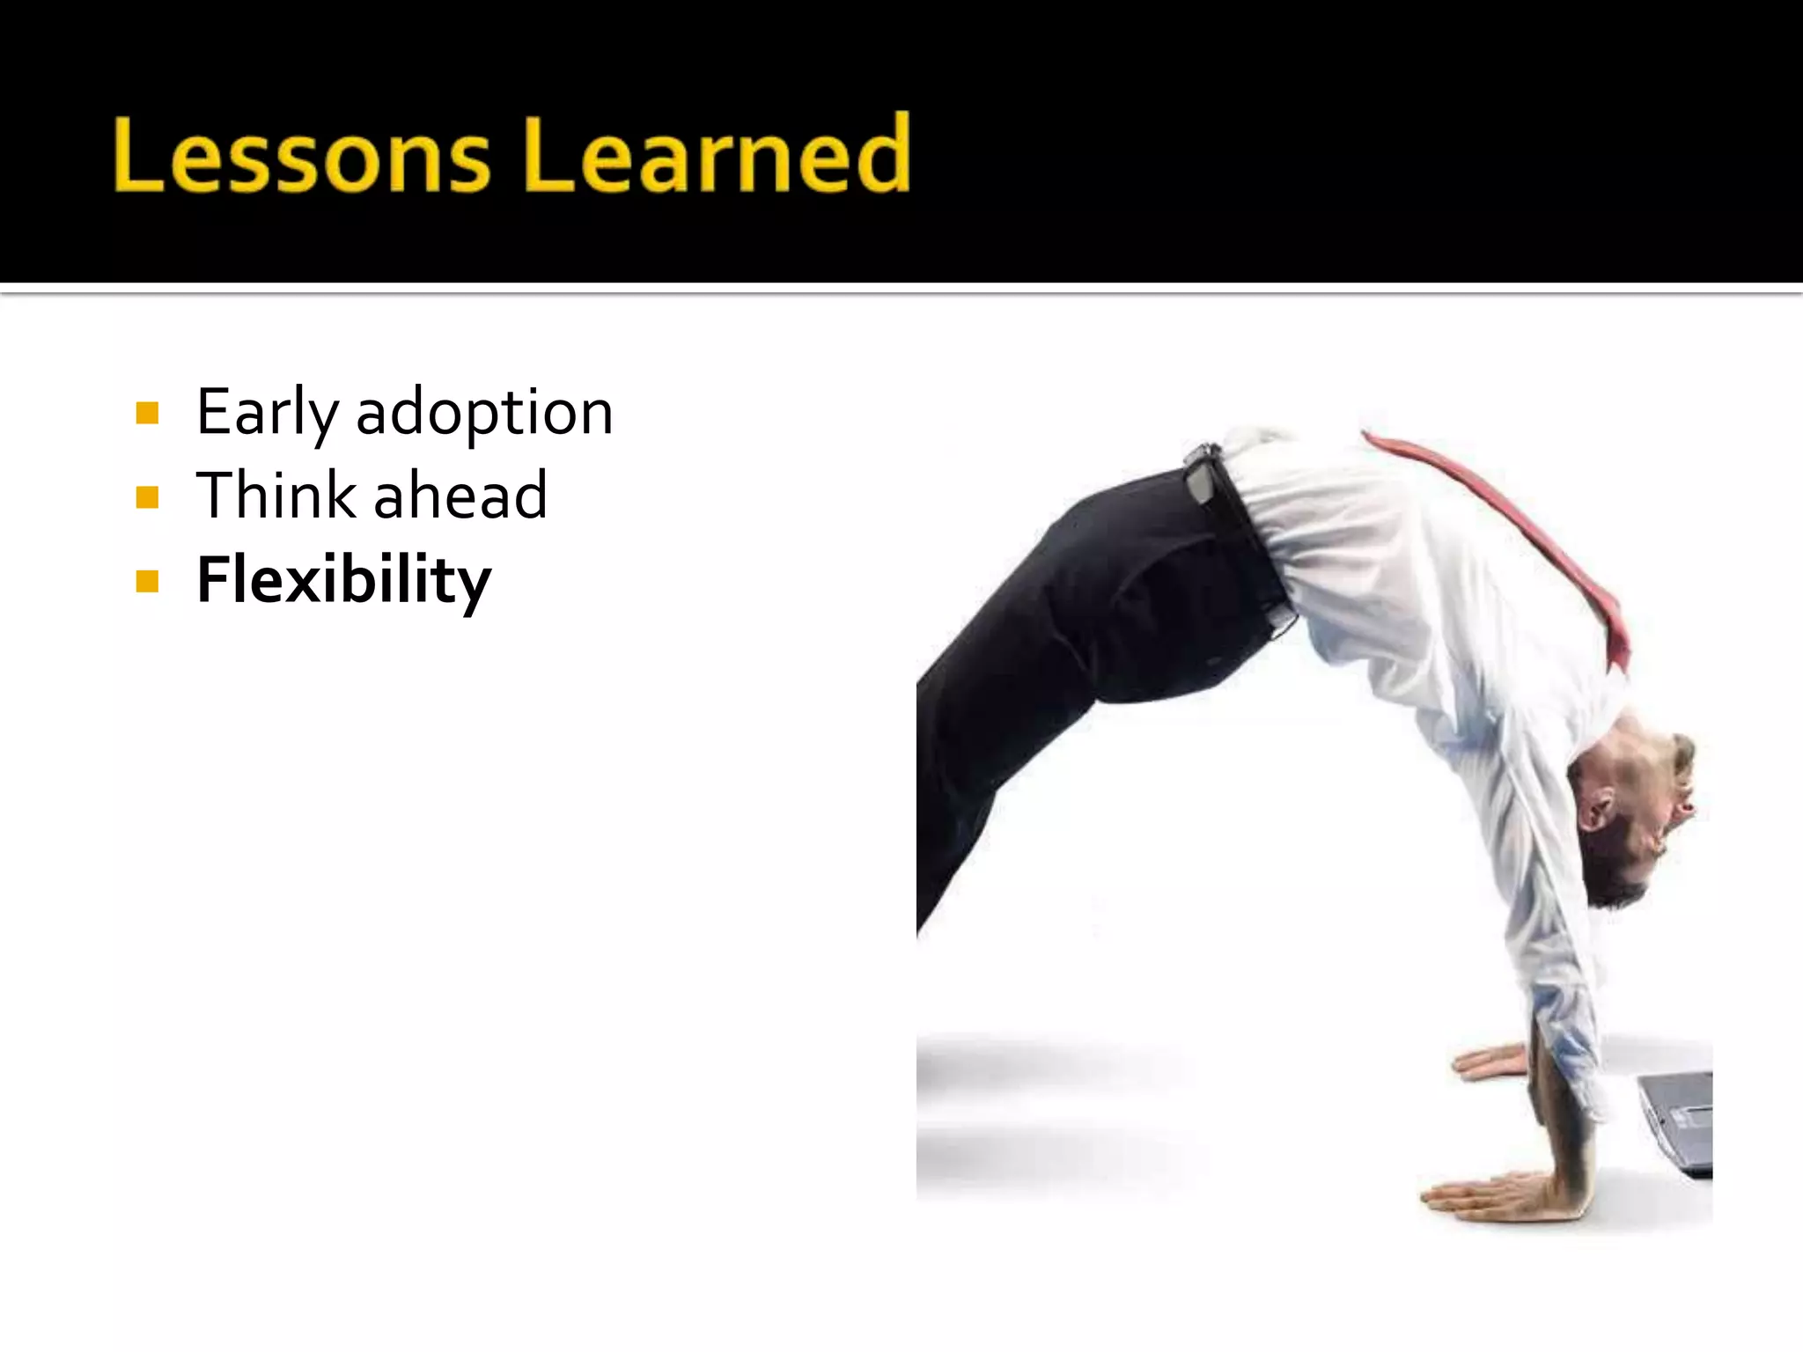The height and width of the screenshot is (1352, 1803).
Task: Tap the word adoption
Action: (x=484, y=412)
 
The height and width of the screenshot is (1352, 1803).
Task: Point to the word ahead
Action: (x=460, y=495)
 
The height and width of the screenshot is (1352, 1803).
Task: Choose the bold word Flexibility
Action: (x=343, y=579)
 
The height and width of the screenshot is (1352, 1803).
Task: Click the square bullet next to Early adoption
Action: (x=148, y=413)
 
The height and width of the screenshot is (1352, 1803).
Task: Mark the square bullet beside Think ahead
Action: (x=148, y=497)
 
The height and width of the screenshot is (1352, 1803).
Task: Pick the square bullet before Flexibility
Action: (x=148, y=581)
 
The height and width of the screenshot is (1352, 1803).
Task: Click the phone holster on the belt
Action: (x=1201, y=475)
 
